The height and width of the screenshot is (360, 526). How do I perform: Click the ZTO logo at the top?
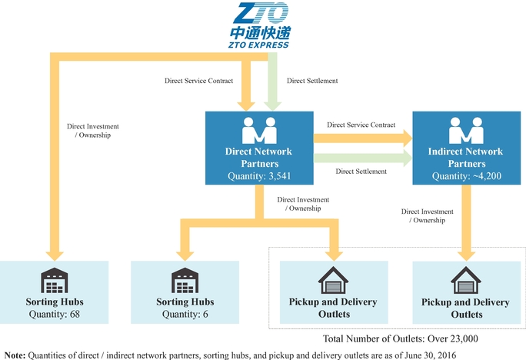pyautogui.click(x=259, y=25)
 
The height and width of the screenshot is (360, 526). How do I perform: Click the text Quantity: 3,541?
pyautogui.click(x=259, y=176)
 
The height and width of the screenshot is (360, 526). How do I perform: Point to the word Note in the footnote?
pyautogui.click(x=14, y=354)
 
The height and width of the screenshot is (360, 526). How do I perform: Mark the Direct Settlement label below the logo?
pyautogui.click(x=312, y=80)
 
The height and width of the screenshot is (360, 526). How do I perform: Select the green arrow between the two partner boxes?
pyautogui.click(x=361, y=158)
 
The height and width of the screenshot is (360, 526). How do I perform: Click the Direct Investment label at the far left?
pyautogui.click(x=94, y=131)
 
